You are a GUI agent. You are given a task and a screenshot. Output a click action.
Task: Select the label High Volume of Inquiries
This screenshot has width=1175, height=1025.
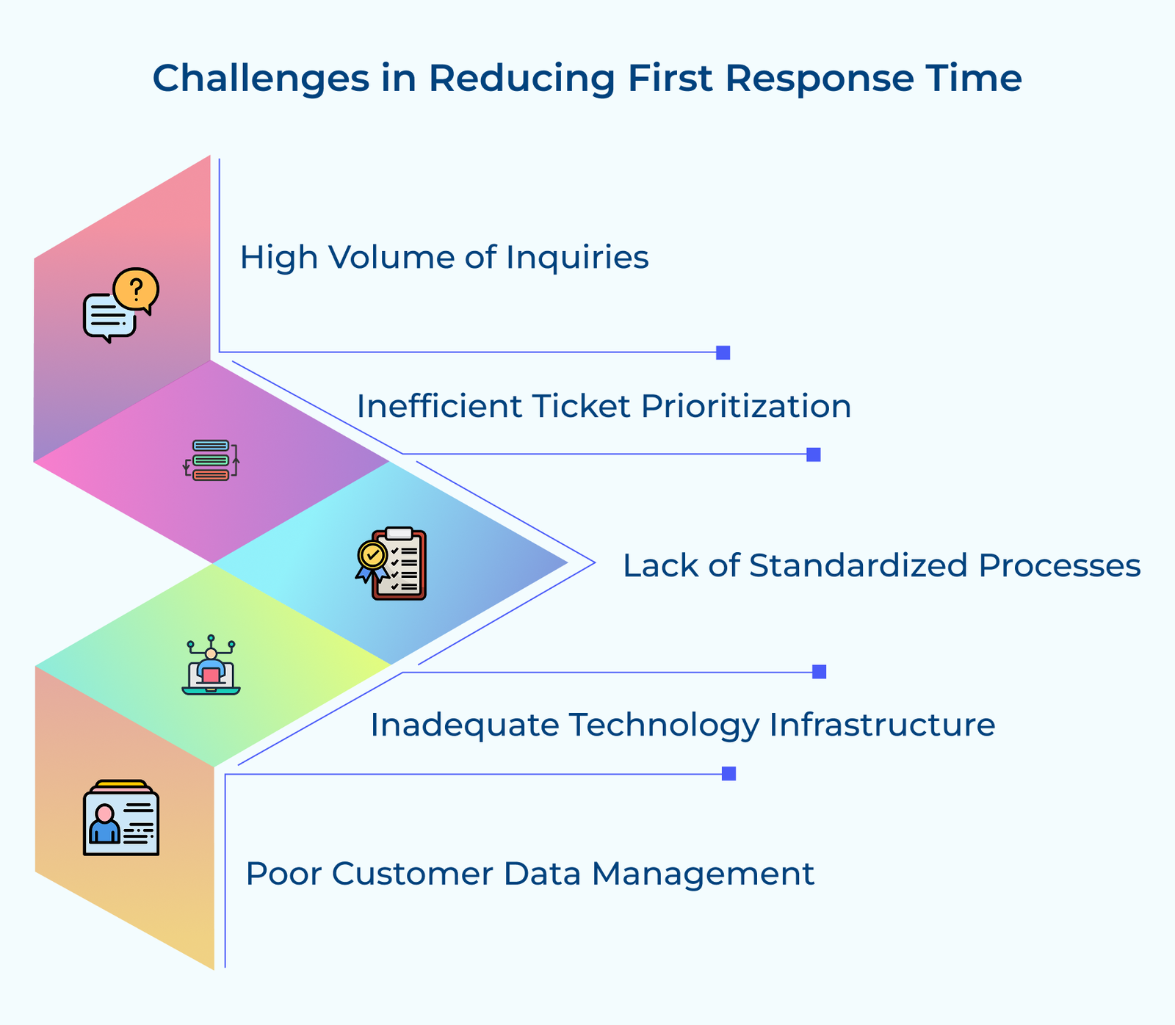pyautogui.click(x=444, y=258)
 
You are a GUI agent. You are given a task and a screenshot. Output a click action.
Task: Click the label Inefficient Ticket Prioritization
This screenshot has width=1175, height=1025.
pyautogui.click(x=604, y=406)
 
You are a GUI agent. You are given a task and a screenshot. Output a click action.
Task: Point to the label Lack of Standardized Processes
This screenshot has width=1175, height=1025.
pyautogui.click(x=881, y=566)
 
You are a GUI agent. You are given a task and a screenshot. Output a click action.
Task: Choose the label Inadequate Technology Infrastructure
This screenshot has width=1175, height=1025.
pyautogui.click(x=682, y=725)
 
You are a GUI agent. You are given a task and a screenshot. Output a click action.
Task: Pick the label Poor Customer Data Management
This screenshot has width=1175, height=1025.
pyautogui.click(x=529, y=874)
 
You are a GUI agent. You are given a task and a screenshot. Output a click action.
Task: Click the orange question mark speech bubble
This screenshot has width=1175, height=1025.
pyautogui.click(x=137, y=289)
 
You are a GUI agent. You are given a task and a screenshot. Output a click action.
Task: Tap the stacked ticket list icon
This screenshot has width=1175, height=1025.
pyautogui.click(x=211, y=460)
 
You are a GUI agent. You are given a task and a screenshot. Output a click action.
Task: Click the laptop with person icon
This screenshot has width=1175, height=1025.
pyautogui.click(x=211, y=667)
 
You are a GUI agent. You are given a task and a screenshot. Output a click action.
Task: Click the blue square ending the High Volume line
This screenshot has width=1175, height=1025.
pyautogui.click(x=723, y=352)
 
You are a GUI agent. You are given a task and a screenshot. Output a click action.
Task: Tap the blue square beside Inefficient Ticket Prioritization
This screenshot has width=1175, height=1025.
pyautogui.click(x=813, y=454)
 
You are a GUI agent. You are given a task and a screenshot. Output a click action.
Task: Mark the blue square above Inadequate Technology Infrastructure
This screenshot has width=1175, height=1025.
pyautogui.click(x=819, y=672)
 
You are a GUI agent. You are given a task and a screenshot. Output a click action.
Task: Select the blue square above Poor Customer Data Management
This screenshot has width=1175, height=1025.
pyautogui.click(x=728, y=773)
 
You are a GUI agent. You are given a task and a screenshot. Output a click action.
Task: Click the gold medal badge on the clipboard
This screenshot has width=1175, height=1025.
pyautogui.click(x=372, y=556)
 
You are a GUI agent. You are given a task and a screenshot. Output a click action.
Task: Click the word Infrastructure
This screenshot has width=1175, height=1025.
pyautogui.click(x=882, y=725)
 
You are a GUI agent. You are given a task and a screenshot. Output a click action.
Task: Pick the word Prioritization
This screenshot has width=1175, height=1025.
pyautogui.click(x=745, y=406)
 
